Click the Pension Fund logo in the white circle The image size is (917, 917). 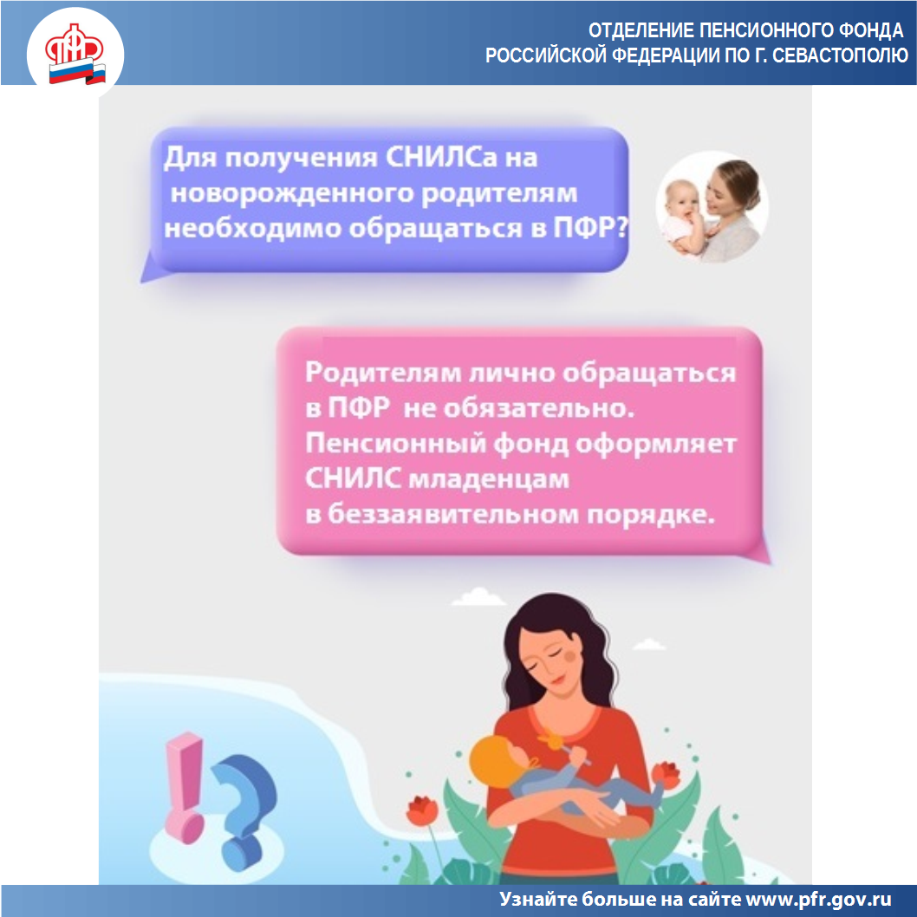[x=75, y=54]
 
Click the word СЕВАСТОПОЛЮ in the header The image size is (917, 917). [x=840, y=55]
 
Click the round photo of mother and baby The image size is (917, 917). [x=711, y=206]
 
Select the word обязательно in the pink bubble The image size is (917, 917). [x=538, y=408]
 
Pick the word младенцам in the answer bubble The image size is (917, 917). [x=488, y=479]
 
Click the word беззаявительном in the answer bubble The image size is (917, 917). [x=453, y=514]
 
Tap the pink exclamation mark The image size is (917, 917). [x=184, y=787]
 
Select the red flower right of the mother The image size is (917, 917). [x=666, y=774]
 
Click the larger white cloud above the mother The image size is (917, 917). [x=478, y=597]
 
